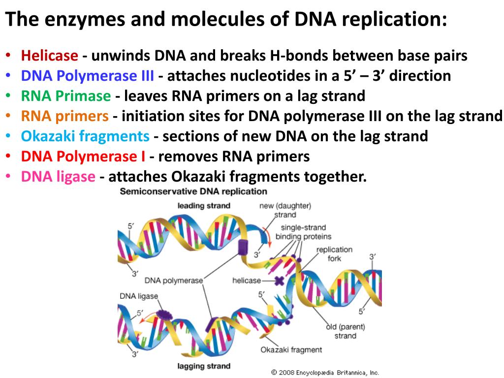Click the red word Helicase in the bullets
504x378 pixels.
49,56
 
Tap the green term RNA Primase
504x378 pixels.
66,95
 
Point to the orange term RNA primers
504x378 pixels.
64,116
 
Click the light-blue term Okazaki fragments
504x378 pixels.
85,136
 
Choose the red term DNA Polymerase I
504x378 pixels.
83,157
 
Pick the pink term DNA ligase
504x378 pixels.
58,176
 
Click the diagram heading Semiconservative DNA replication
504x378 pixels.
193,191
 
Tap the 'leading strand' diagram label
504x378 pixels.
203,206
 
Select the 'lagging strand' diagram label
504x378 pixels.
204,366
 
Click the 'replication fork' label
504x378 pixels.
334,253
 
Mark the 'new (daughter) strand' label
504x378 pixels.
285,210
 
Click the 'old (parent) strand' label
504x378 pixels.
345,331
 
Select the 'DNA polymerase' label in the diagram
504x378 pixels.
174,281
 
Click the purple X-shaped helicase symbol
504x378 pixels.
279,281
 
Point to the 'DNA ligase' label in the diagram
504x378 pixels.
139,296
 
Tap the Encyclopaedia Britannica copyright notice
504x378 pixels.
325,373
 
